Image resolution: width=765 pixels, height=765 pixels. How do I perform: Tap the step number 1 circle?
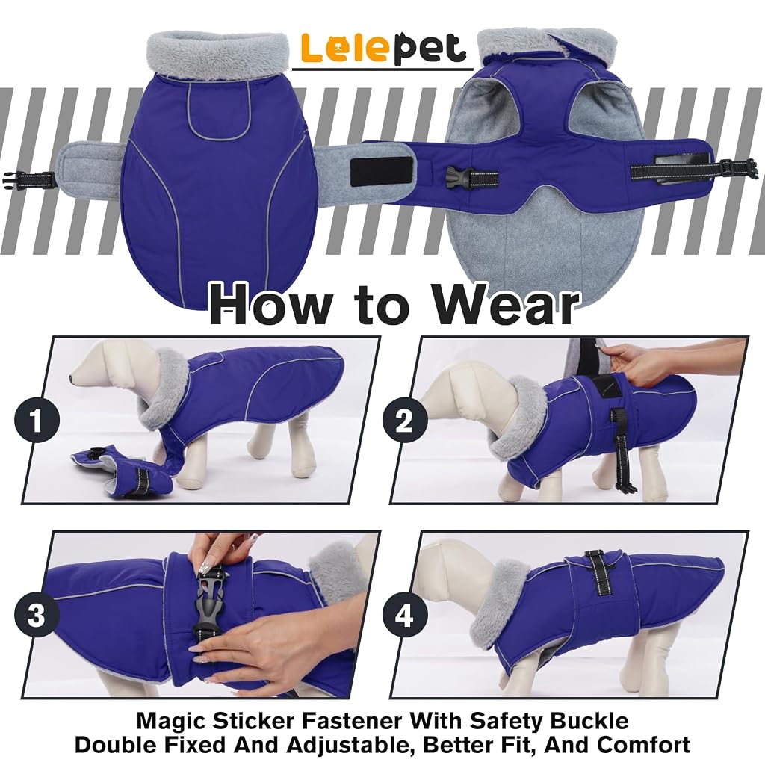coord(37,421)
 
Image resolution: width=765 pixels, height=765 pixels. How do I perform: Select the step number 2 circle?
coord(404,421)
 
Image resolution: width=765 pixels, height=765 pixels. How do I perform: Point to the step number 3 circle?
coord(37,615)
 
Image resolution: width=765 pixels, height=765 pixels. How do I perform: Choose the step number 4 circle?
coord(404,615)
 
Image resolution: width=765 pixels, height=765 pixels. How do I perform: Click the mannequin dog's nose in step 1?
coord(72,378)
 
